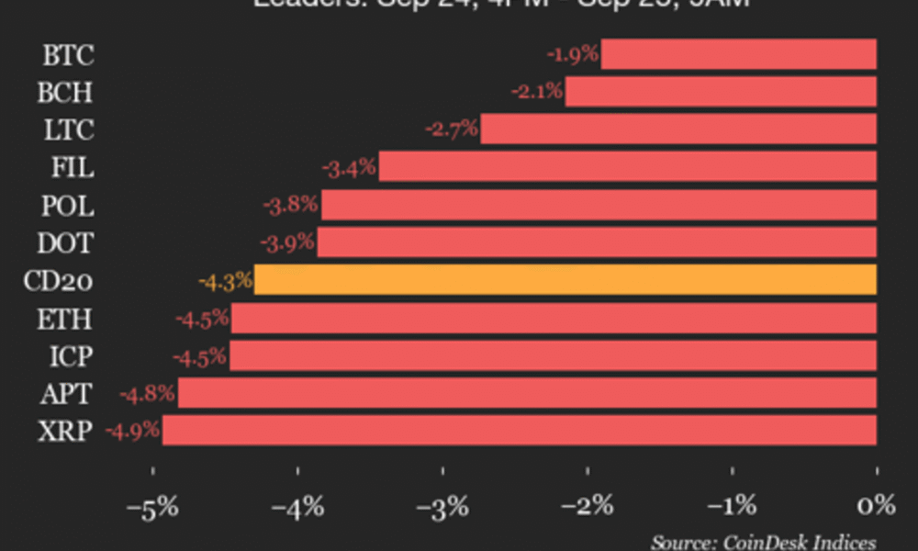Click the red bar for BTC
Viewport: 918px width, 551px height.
click(739, 54)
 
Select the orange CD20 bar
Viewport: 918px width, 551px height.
click(565, 280)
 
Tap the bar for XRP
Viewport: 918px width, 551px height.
click(520, 430)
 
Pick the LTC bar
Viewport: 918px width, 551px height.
click(678, 129)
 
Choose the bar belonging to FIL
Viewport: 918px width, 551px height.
click(628, 167)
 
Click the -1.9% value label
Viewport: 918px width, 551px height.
click(573, 54)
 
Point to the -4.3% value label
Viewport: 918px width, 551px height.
click(226, 280)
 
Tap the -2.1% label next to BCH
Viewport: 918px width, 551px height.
click(537, 92)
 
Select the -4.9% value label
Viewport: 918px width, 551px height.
click(133, 430)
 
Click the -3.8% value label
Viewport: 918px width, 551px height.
click(291, 205)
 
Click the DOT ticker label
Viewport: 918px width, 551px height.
click(65, 243)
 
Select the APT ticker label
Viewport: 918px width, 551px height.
click(65, 393)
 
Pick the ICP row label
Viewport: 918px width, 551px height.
click(69, 355)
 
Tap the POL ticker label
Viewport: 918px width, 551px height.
click(67, 206)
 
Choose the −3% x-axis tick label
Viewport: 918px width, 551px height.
click(442, 506)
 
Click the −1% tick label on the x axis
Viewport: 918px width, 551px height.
click(732, 506)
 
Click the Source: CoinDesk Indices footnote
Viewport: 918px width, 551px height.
click(764, 542)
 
